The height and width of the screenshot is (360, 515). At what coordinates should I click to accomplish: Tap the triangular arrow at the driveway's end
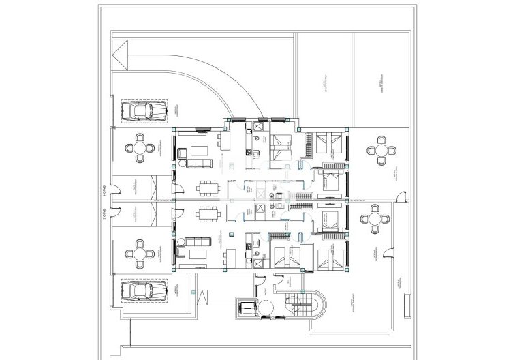click(x=122, y=55)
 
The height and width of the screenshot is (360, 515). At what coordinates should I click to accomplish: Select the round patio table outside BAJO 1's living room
click(x=140, y=147)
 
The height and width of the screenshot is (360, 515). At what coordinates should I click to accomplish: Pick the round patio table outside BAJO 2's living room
click(x=140, y=253)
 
